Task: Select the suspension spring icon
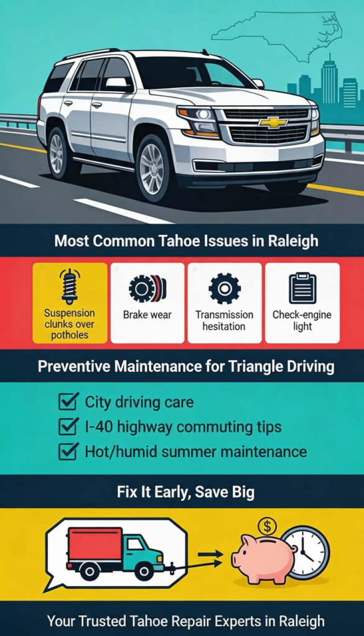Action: point(70,286)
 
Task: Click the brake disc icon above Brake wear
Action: point(147,288)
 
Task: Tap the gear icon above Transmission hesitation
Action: point(225,288)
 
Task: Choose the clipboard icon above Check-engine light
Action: point(302,288)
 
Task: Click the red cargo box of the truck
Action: point(95,544)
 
